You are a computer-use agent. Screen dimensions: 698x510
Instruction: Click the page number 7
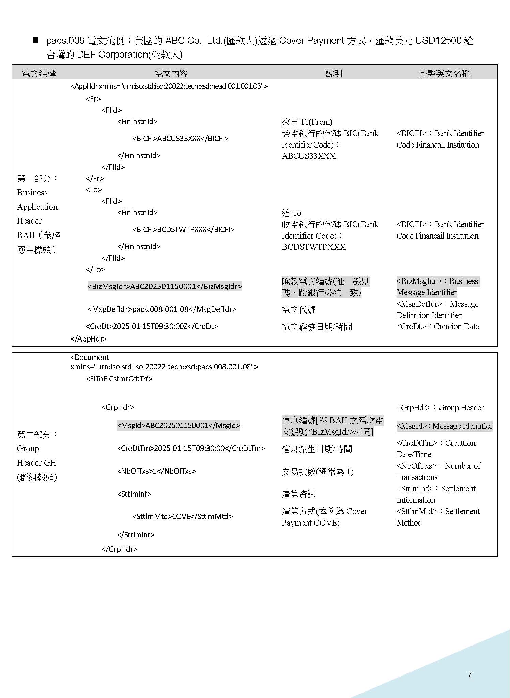coord(470,675)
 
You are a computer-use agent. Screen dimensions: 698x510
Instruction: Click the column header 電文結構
coord(38,73)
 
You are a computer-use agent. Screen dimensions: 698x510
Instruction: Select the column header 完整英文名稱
coord(444,73)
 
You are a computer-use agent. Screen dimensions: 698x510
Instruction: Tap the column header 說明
coord(334,73)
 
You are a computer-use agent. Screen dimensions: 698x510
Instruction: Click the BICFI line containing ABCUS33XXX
coord(180,139)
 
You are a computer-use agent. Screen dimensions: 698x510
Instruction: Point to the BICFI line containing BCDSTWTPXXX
coord(183,230)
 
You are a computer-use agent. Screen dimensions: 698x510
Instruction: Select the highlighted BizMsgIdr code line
coord(165,286)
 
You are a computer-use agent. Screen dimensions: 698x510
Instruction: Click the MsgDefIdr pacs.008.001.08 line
coord(162,309)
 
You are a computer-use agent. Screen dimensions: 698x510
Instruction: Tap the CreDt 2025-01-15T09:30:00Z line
coord(152,326)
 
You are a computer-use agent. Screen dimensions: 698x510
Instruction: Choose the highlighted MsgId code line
coord(178,425)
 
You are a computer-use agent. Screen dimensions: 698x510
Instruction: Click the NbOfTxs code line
coord(156,471)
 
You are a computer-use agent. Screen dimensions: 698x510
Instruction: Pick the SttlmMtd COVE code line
coord(183,516)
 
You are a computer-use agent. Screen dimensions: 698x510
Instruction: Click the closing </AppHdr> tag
coord(89,339)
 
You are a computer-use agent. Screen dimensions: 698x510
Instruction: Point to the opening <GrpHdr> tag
coord(118,407)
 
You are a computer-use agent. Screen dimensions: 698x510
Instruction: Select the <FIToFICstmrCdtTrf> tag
coord(119,379)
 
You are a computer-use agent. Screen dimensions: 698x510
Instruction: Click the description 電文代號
coord(298,309)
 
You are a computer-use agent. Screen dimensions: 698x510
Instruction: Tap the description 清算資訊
coord(298,494)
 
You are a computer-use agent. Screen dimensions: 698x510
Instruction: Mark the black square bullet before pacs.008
coord(35,41)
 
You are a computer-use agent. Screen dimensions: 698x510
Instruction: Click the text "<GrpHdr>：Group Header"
coord(440,408)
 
